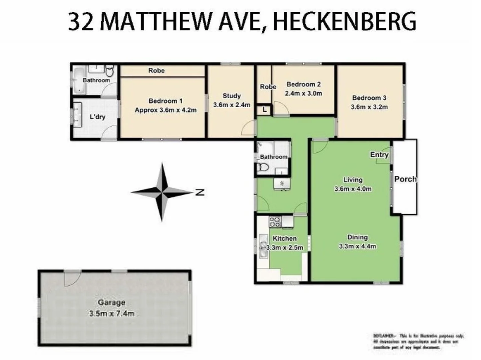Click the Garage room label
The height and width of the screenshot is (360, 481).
point(111,303)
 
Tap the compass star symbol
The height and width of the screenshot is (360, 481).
point(162,192)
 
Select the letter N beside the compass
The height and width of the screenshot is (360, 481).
point(200,192)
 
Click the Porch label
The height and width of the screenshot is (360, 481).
point(405,179)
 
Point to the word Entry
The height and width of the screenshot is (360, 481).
point(379,155)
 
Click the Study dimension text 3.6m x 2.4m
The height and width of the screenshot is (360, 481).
point(232,105)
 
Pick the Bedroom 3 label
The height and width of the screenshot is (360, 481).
point(369,98)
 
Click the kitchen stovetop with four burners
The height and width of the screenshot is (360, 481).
point(275,221)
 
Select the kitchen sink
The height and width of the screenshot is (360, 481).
point(263,246)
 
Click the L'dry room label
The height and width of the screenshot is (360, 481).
point(98,117)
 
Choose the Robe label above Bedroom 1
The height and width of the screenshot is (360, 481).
point(157,70)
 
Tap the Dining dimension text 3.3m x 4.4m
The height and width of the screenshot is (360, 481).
point(357,246)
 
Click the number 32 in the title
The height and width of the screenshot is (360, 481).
point(81,22)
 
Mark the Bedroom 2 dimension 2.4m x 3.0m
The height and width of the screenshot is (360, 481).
point(303,93)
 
